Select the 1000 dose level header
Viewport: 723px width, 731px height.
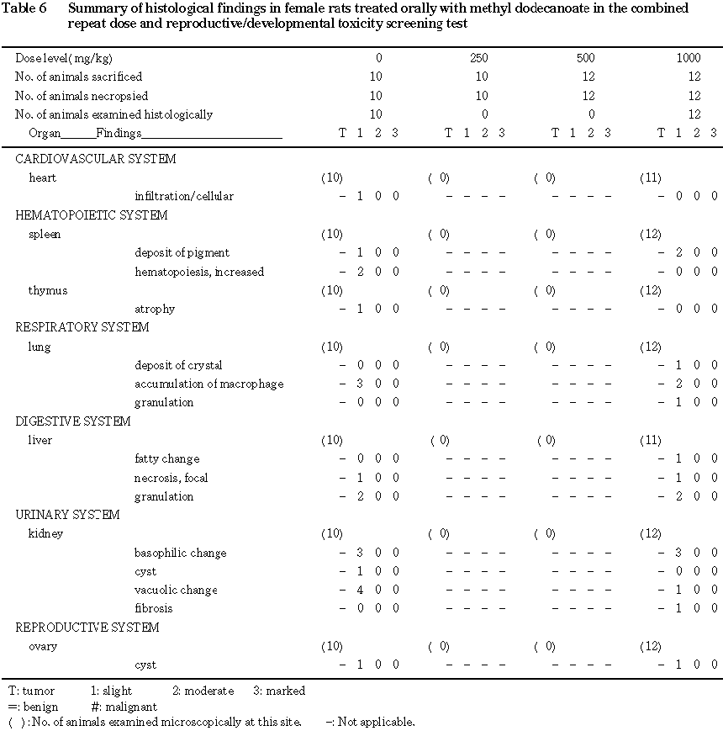coord(689,58)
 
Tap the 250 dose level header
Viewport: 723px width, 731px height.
coord(478,58)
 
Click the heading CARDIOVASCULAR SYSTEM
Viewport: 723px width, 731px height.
coord(96,159)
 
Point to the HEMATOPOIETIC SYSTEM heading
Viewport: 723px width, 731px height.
coord(92,215)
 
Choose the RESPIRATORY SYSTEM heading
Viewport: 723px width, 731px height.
coord(82,327)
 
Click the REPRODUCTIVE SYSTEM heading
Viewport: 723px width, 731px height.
coord(87,628)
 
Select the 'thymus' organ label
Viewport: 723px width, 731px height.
coord(48,290)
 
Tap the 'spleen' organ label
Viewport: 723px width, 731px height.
coord(45,234)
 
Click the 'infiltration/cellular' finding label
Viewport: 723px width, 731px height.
coord(184,196)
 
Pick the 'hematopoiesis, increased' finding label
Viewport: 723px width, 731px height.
coord(199,272)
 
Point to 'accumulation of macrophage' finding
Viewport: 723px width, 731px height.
coord(209,384)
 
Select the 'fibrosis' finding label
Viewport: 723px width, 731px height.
coord(154,608)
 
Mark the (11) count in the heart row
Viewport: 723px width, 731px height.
coord(650,177)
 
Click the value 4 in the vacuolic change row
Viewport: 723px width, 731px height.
coord(360,590)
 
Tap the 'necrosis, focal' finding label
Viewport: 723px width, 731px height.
coord(172,478)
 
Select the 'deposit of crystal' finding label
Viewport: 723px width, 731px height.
coord(178,365)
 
